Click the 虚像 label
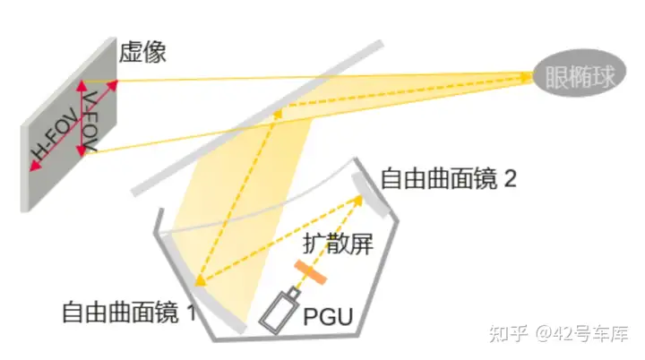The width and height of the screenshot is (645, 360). (142, 52)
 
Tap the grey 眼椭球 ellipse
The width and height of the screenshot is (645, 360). (580, 73)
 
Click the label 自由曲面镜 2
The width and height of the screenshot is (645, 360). (449, 178)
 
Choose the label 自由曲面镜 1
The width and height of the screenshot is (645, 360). (129, 313)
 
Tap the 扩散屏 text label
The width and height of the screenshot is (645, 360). (338, 244)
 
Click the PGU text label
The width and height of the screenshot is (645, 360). (328, 317)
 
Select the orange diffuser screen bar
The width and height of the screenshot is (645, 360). (311, 272)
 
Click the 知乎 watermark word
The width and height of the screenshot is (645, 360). (508, 333)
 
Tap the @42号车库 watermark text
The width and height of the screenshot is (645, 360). (581, 333)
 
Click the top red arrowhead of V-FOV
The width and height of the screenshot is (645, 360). (82, 86)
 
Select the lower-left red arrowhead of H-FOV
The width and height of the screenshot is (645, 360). (35, 166)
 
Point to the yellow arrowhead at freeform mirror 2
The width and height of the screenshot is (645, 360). (357, 201)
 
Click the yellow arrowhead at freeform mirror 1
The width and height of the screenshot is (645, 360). (201, 280)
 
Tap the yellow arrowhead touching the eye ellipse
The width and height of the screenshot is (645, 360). (527, 76)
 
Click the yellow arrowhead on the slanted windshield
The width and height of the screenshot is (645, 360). (278, 114)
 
